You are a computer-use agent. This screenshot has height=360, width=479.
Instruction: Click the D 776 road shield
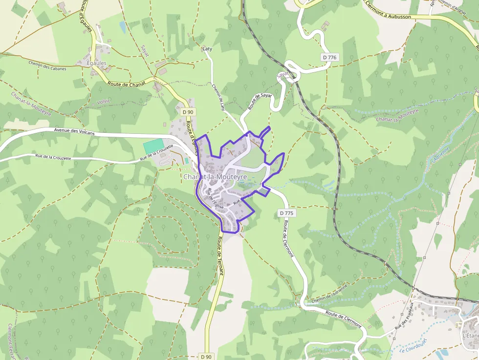(330, 58)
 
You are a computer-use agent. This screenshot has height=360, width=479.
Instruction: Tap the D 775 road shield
(287, 213)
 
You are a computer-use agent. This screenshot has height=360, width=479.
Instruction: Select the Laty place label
(207, 49)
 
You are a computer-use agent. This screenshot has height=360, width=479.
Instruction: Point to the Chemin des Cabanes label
(47, 65)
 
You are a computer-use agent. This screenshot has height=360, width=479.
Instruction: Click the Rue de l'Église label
(215, 199)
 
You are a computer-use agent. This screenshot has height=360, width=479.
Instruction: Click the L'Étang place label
(470, 336)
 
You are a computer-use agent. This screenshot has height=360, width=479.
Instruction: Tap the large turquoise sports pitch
(153, 146)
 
